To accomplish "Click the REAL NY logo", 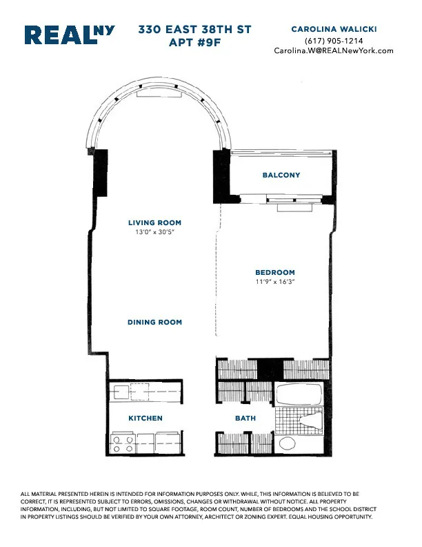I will tap(70, 36).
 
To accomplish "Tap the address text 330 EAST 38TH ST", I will tap(194, 30).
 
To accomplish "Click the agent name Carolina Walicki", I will tap(334, 29).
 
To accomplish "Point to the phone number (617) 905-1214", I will tap(334, 41).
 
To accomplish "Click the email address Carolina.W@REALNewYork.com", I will tap(334, 50).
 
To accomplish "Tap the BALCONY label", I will tap(281, 175).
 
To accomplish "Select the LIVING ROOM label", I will tap(154, 223).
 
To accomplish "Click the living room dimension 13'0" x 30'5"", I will tap(154, 233).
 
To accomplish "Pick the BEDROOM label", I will tap(275, 273).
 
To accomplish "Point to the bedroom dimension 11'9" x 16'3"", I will tap(275, 282).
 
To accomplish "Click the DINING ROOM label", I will tap(154, 323).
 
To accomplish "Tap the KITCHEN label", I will tap(145, 419).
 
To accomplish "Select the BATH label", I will tap(245, 419).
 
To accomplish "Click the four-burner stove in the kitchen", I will tap(123, 443).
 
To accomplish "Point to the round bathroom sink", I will tap(286, 443).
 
